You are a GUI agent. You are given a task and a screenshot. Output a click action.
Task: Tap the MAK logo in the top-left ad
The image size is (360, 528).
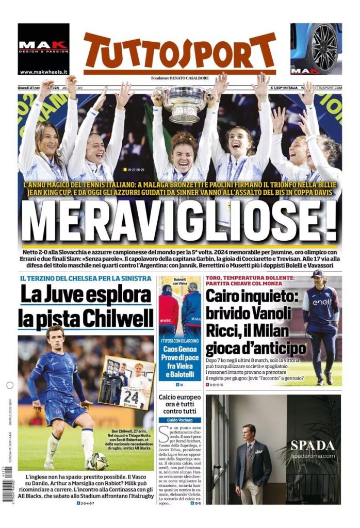(43, 45)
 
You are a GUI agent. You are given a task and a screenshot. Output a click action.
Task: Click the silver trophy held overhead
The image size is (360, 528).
(185, 104)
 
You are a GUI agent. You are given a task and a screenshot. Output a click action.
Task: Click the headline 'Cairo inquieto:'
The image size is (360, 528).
(249, 298)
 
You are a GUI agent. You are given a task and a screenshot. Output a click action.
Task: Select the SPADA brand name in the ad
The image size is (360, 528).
(313, 445)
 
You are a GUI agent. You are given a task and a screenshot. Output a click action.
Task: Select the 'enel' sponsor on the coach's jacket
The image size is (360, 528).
(322, 302)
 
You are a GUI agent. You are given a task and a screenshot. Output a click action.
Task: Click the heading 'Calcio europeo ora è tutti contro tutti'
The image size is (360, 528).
(179, 405)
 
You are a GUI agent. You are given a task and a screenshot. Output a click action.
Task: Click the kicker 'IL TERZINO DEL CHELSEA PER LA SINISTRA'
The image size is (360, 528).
(85, 279)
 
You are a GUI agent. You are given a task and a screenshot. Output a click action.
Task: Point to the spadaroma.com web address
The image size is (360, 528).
(313, 456)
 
